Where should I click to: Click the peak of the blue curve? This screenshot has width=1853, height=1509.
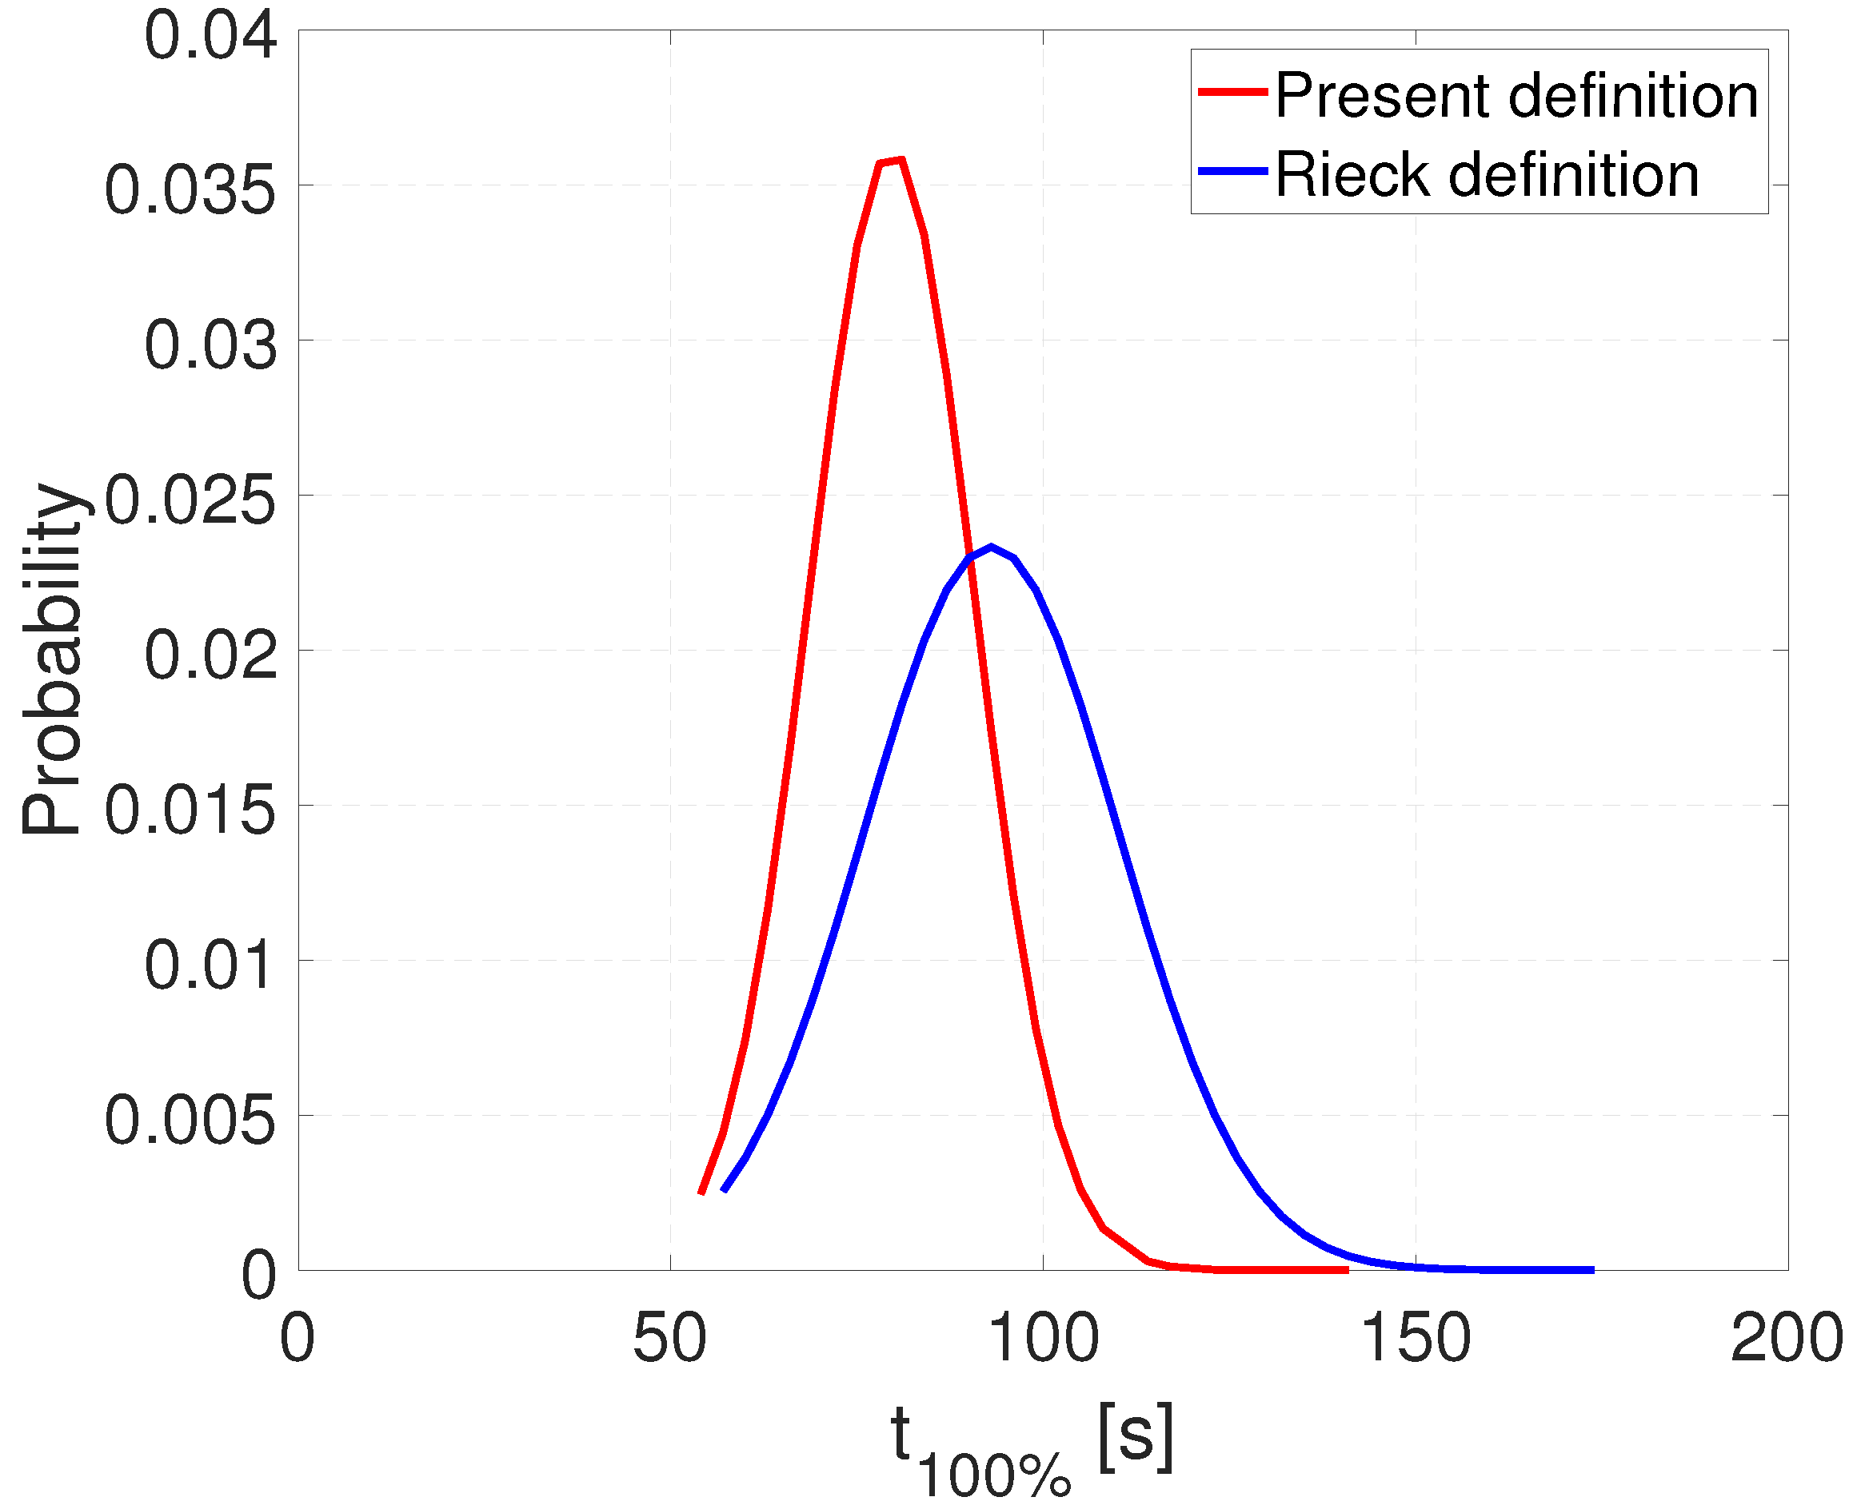pyautogui.click(x=992, y=547)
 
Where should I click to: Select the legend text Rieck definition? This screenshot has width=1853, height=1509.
pyautogui.click(x=1487, y=175)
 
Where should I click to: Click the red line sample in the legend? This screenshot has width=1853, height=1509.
pyautogui.click(x=1232, y=91)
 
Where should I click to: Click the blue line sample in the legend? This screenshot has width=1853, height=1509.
pyautogui.click(x=1232, y=171)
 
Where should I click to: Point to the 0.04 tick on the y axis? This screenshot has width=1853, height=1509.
pyautogui.click(x=210, y=37)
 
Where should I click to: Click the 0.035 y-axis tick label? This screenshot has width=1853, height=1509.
pyautogui.click(x=190, y=190)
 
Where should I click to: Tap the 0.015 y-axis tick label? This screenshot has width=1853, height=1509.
pyautogui.click(x=190, y=810)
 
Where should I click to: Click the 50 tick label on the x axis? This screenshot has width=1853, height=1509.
pyautogui.click(x=669, y=1339)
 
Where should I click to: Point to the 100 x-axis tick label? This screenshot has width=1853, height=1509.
pyautogui.click(x=1043, y=1339)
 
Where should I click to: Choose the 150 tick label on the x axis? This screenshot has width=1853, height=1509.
pyautogui.click(x=1415, y=1339)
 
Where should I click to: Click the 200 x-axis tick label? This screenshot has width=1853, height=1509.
pyautogui.click(x=1787, y=1339)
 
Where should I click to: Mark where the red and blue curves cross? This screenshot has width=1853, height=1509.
pyautogui.click(x=970, y=558)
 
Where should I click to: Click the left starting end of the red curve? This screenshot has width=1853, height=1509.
pyautogui.click(x=701, y=1194)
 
